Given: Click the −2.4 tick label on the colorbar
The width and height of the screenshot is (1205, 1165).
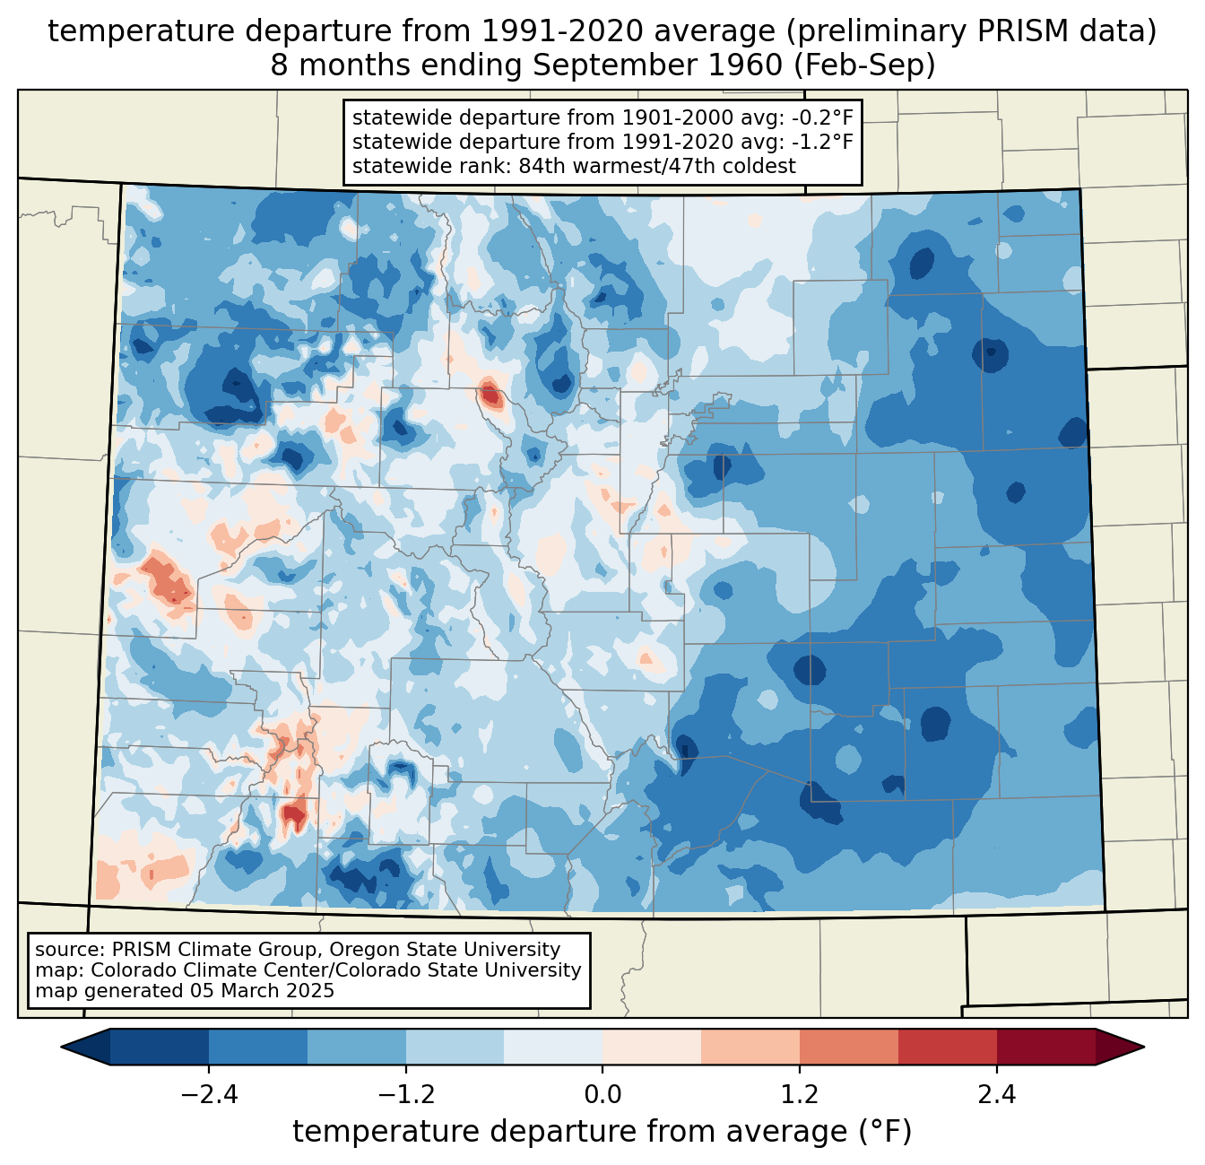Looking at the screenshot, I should [x=209, y=1095].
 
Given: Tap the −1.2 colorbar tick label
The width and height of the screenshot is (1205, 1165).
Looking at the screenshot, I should [x=406, y=1095].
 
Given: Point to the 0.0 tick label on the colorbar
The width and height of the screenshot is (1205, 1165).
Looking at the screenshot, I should [x=602, y=1095].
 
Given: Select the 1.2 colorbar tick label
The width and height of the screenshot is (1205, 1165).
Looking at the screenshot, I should [x=800, y=1095].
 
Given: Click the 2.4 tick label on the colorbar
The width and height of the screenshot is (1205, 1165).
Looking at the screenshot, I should [x=996, y=1095].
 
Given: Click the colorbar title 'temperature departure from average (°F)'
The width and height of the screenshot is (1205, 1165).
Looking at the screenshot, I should [x=602, y=1132].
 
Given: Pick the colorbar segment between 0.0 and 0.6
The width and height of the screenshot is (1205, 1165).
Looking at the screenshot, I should [x=652, y=1047].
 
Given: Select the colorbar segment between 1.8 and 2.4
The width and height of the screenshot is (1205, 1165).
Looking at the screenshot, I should [x=948, y=1047].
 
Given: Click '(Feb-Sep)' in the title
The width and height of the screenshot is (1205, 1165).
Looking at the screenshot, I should [x=864, y=65].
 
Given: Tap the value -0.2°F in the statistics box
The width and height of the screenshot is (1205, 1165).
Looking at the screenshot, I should [x=820, y=118].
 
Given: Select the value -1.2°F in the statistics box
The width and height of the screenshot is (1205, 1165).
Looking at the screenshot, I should [x=820, y=142].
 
